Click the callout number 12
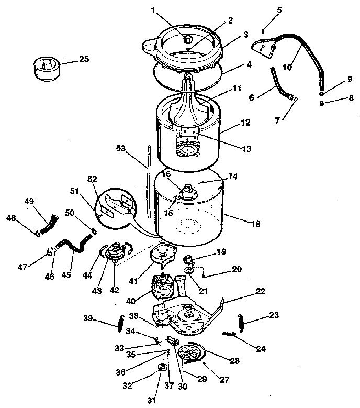245,123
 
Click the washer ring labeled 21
187,270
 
